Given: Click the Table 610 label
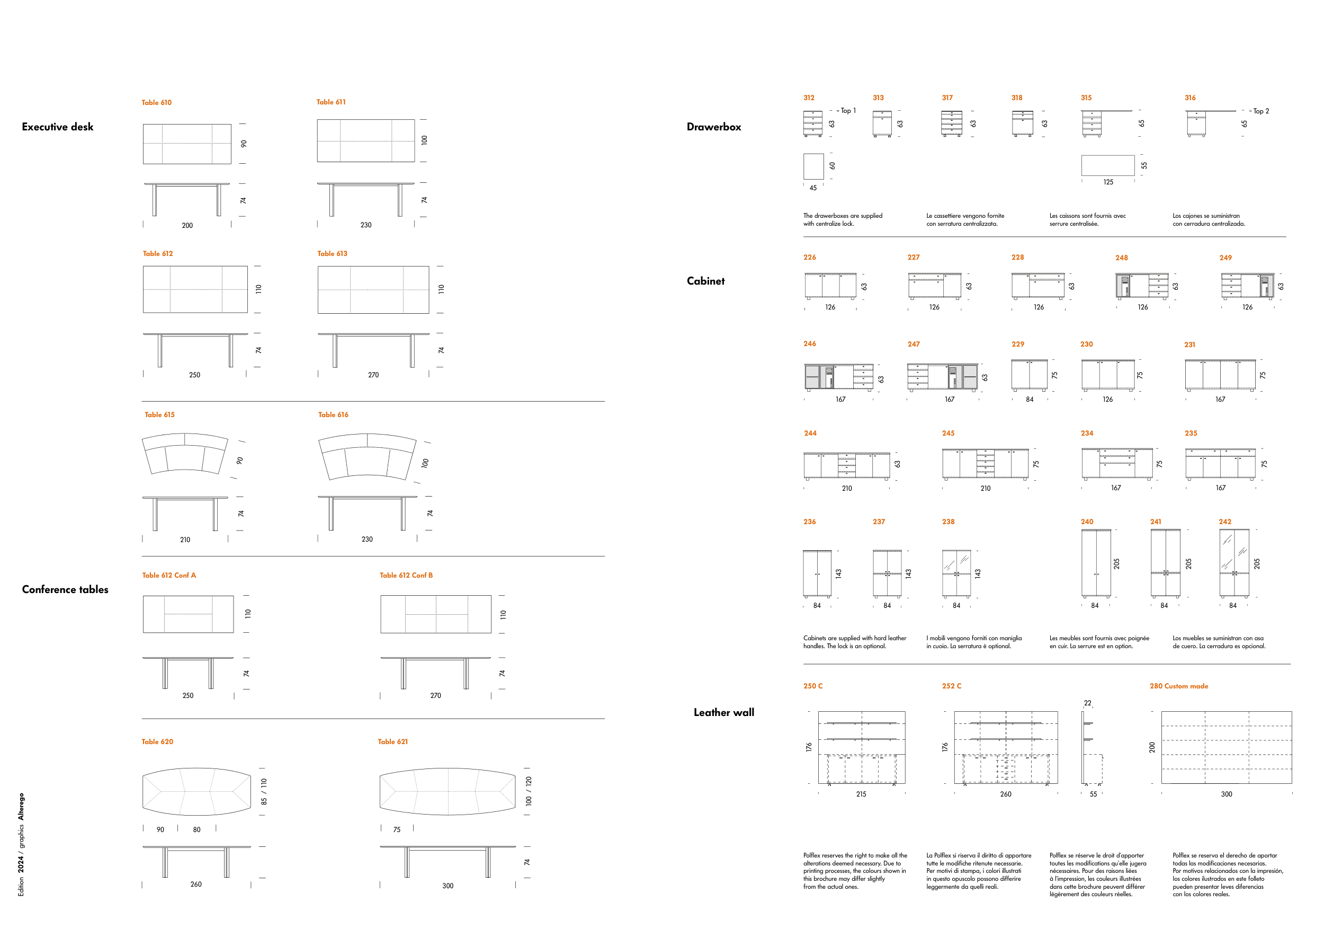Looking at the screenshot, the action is click(x=156, y=103).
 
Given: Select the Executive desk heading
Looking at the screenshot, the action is click(x=58, y=127).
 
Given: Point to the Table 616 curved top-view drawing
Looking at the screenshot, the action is click(x=368, y=456).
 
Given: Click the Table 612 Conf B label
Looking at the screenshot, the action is click(x=406, y=575).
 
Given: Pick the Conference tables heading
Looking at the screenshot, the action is click(x=65, y=590).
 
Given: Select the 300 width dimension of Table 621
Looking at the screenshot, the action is click(x=448, y=886).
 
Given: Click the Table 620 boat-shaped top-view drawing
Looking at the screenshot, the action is click(x=196, y=792).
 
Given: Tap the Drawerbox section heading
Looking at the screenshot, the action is click(x=714, y=127).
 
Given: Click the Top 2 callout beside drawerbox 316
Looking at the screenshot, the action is click(x=1261, y=111).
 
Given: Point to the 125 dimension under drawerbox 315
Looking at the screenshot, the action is click(x=1108, y=182).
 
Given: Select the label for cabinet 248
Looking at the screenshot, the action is click(x=1122, y=258).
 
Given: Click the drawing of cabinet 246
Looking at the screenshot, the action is click(x=839, y=377).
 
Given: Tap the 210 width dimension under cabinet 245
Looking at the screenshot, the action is click(x=986, y=489).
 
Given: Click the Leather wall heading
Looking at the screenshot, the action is click(x=724, y=713).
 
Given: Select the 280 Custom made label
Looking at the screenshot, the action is click(x=1179, y=686).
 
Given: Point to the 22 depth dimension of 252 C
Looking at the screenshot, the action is click(x=1088, y=703).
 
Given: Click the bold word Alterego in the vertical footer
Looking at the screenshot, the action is click(x=21, y=807).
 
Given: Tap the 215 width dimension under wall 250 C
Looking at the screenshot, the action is click(x=861, y=794).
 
